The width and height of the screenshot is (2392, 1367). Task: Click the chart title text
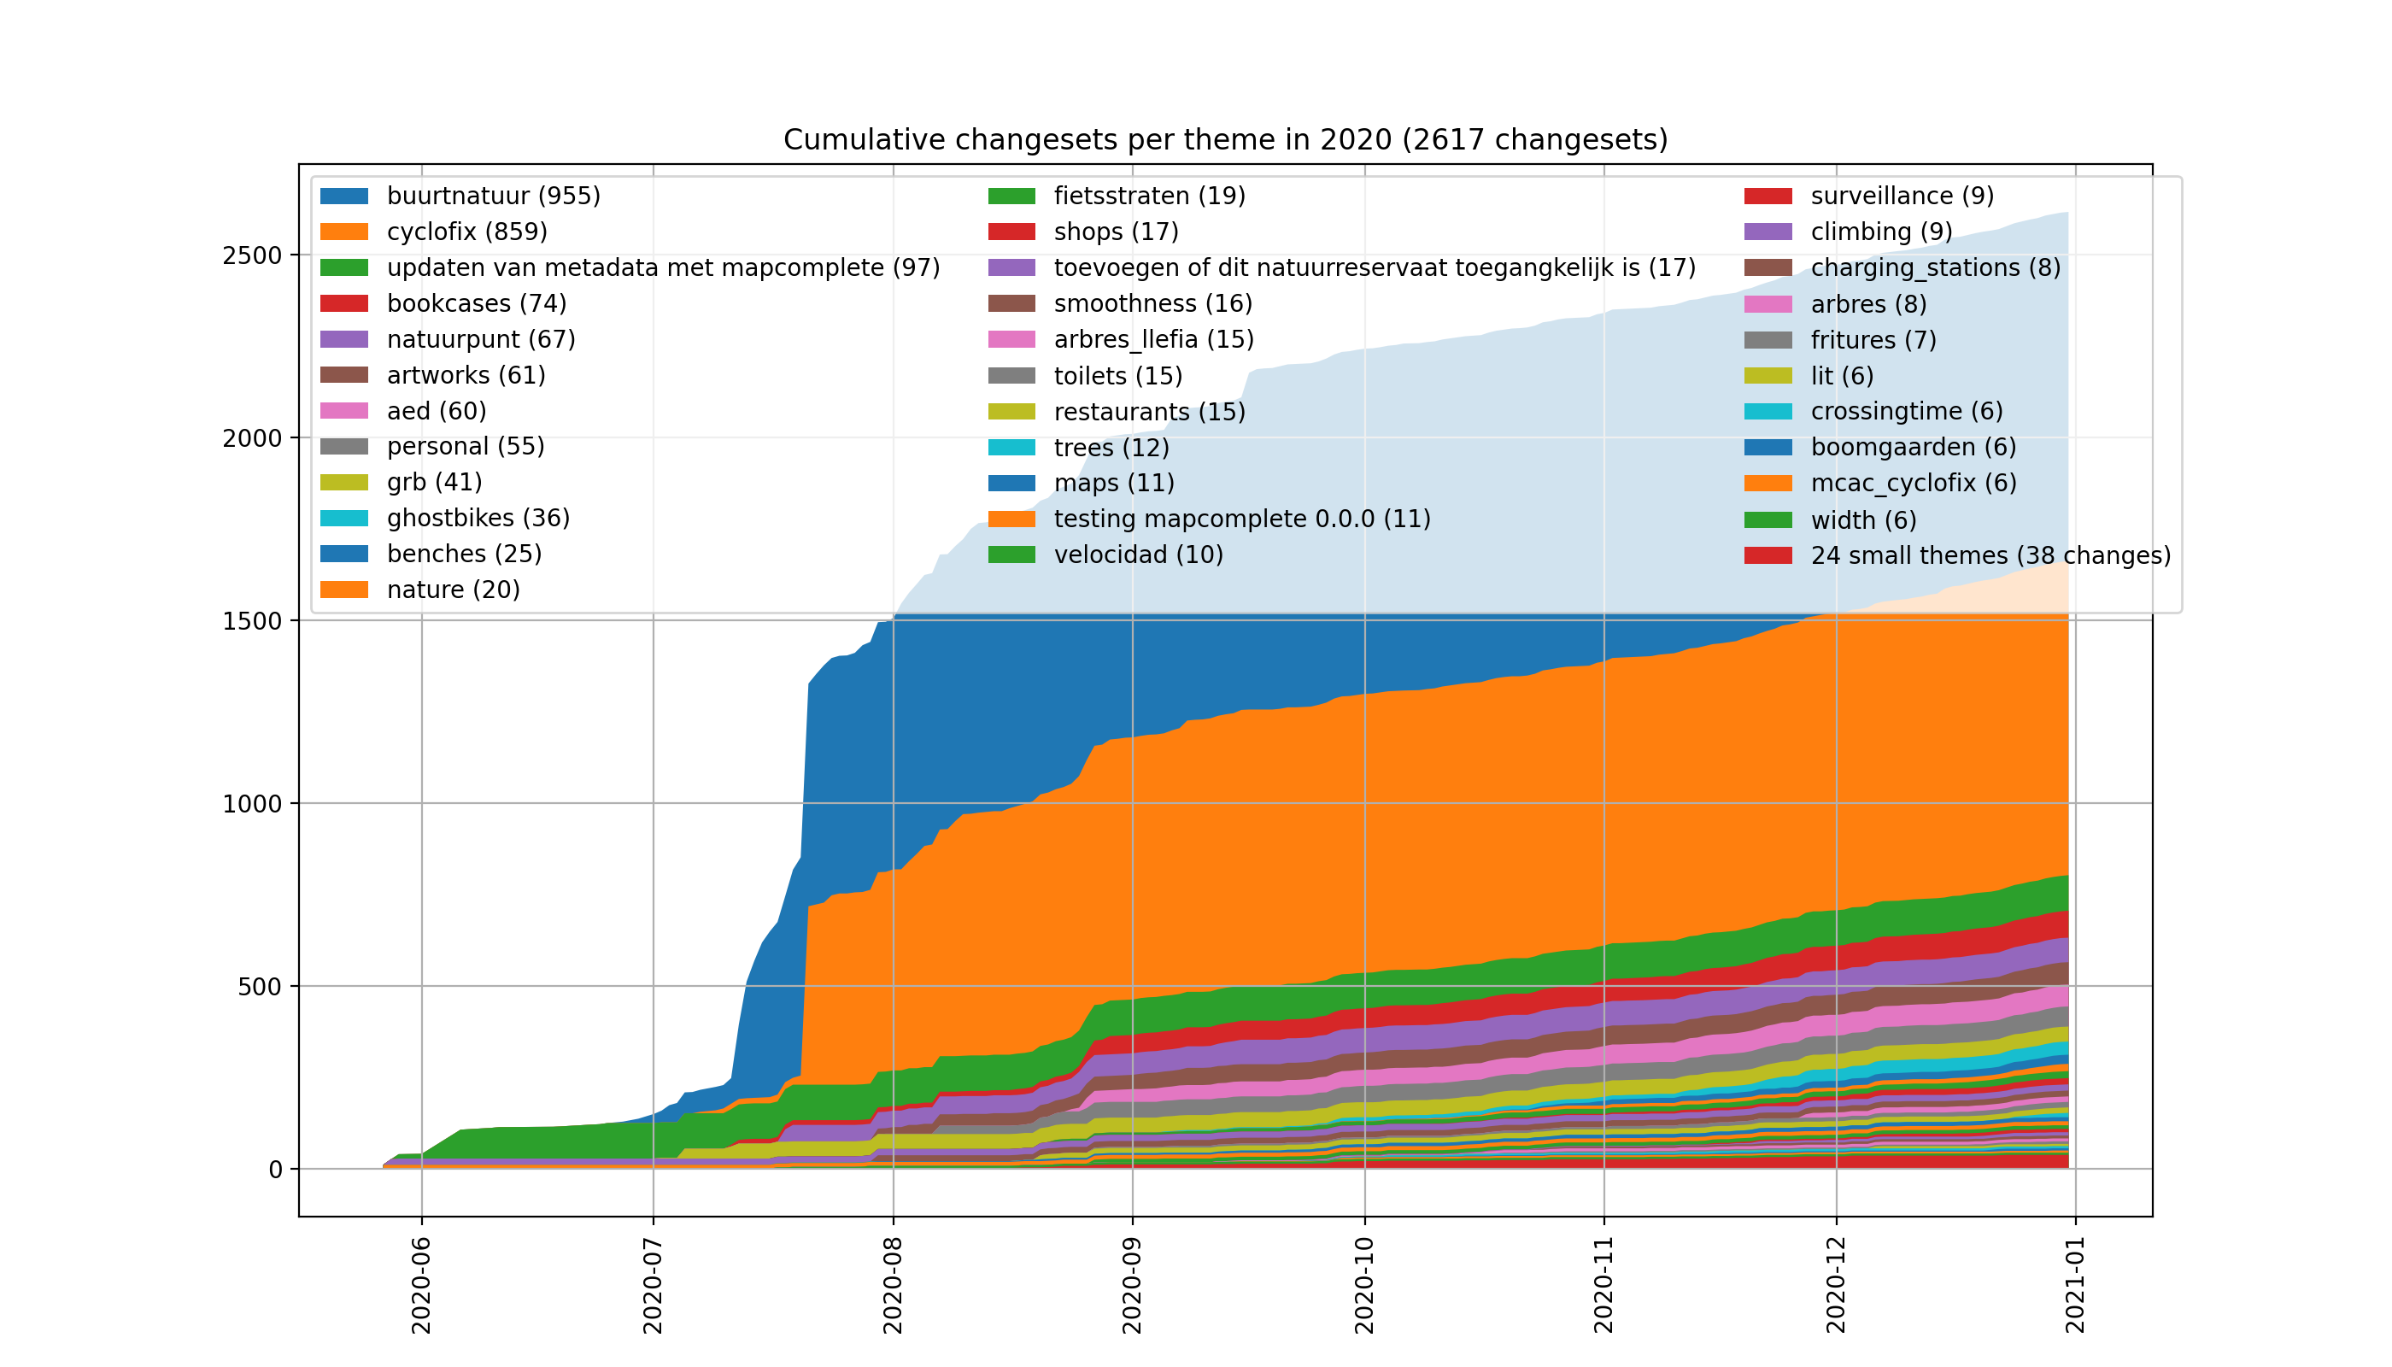(x=1225, y=140)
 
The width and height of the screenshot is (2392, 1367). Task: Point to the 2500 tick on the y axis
(x=252, y=255)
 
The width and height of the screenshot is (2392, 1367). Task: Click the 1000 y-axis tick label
(x=252, y=804)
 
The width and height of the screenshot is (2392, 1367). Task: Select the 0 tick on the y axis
(x=275, y=1170)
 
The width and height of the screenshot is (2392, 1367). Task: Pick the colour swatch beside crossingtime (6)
(x=1768, y=412)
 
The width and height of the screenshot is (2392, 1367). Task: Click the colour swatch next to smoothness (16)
(x=1011, y=304)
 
